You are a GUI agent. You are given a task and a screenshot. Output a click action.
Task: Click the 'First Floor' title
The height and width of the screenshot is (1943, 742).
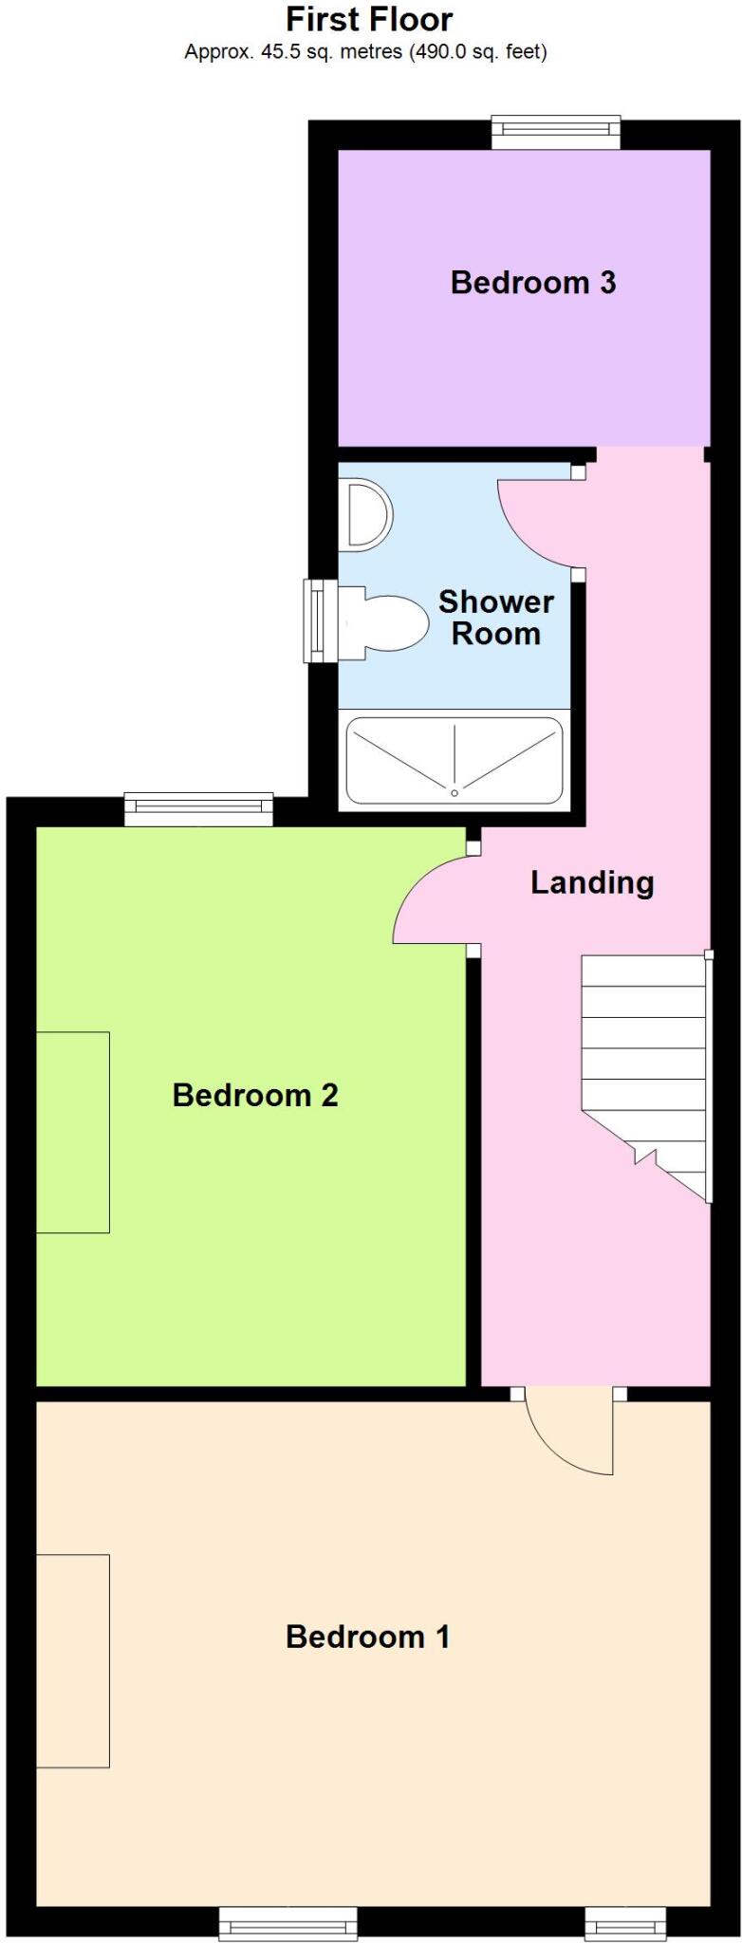[369, 19]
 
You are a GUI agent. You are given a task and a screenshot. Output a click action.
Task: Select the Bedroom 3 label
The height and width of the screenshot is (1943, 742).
[532, 282]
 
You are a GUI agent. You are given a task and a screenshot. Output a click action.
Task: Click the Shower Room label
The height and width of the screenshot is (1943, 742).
[495, 618]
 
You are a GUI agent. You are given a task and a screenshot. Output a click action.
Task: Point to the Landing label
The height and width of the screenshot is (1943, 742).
[591, 882]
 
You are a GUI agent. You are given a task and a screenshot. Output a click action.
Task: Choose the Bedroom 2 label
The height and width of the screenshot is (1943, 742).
[254, 1095]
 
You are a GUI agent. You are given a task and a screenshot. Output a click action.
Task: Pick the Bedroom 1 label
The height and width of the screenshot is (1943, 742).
[367, 1637]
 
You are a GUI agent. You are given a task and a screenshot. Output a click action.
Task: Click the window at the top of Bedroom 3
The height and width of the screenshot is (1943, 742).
[555, 132]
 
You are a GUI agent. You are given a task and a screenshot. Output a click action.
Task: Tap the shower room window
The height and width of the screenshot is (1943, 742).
[320, 620]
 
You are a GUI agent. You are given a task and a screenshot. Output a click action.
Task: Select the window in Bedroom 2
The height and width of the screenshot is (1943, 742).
[199, 808]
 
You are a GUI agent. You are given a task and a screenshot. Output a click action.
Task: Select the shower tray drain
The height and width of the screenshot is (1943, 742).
[454, 792]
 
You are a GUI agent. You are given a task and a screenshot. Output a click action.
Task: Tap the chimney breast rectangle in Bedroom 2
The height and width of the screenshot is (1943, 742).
[72, 1132]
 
